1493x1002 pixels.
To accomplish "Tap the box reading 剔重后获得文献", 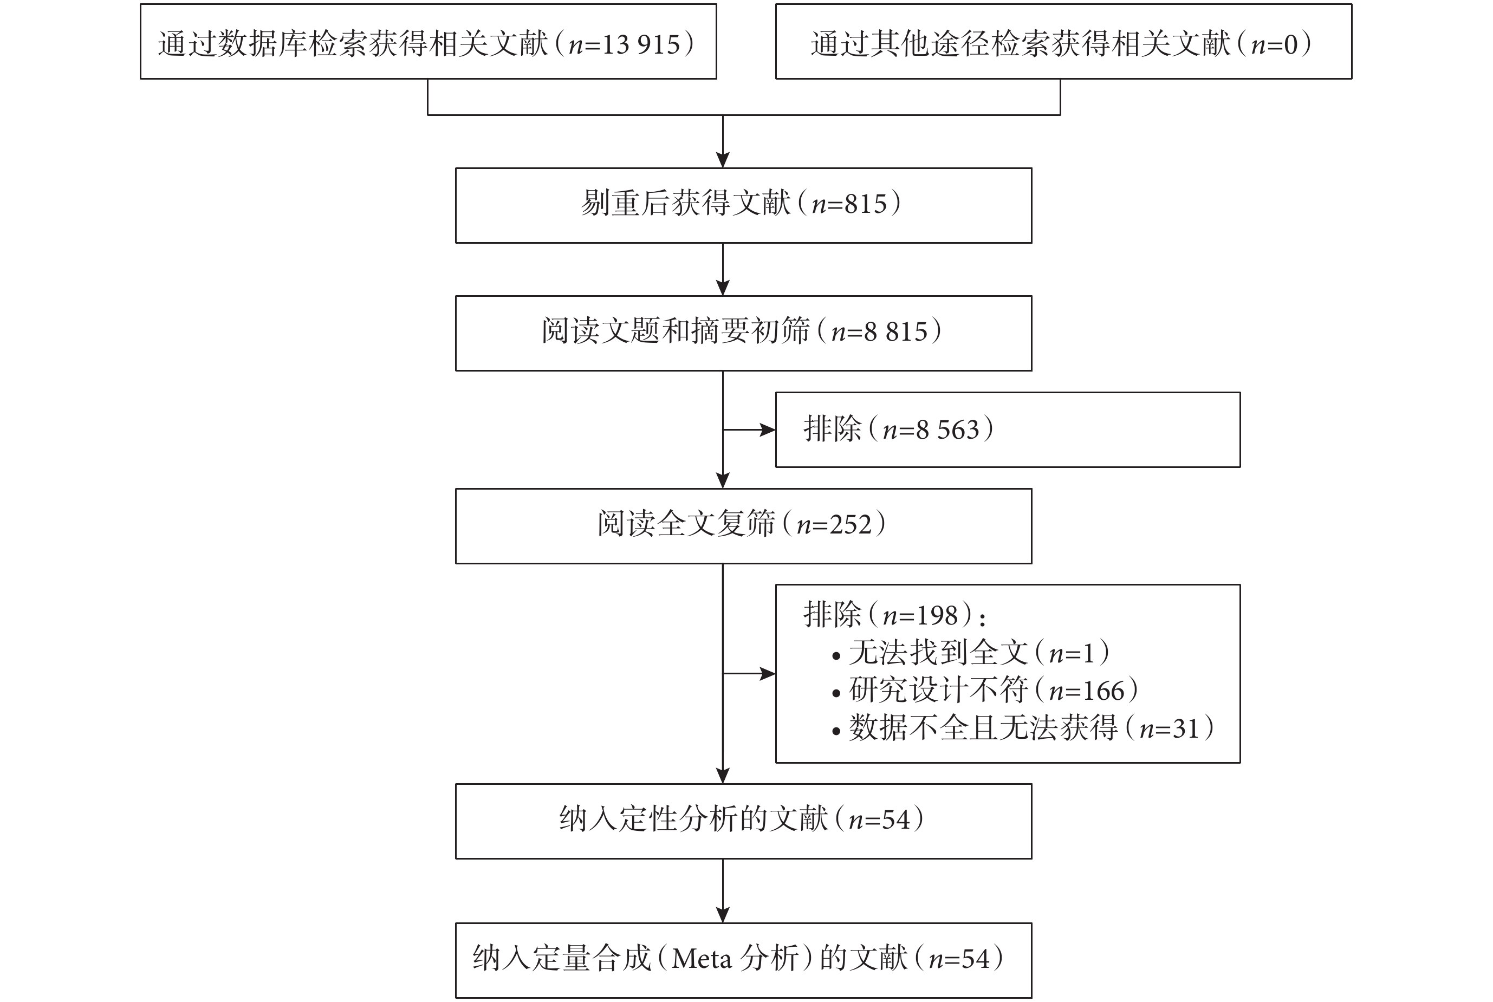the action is (743, 206).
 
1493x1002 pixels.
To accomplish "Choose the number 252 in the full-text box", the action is (851, 524).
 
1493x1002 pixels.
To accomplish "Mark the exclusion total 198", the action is (938, 615).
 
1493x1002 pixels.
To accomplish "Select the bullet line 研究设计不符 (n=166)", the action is (985, 690).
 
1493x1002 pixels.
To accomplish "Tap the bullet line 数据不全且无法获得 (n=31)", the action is (1023, 728).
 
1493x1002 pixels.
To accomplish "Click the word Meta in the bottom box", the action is (701, 959).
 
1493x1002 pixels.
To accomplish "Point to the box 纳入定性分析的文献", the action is (743, 821).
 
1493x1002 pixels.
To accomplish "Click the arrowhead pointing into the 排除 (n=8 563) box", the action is (767, 430).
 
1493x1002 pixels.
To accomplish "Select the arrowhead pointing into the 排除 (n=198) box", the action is (767, 674).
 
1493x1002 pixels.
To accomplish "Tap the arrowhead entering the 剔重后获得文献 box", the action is (723, 160).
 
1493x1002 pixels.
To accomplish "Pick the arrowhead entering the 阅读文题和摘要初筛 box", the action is (723, 288).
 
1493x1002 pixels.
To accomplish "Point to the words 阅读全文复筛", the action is (686, 524).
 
